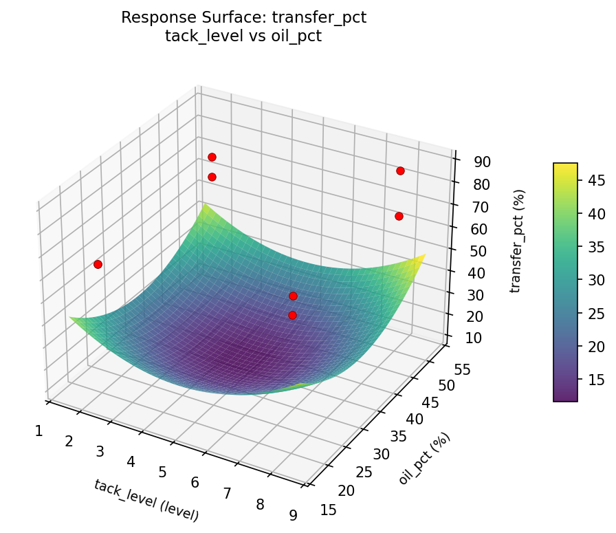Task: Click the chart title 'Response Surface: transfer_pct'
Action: tap(243, 18)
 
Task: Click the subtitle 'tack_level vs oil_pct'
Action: tap(243, 36)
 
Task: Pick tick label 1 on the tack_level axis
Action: tap(39, 431)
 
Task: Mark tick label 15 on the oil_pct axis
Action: tap(328, 510)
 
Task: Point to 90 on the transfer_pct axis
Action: tap(481, 162)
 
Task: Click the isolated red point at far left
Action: tap(98, 264)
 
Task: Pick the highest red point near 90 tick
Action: tap(400, 171)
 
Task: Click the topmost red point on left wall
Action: tap(212, 157)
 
